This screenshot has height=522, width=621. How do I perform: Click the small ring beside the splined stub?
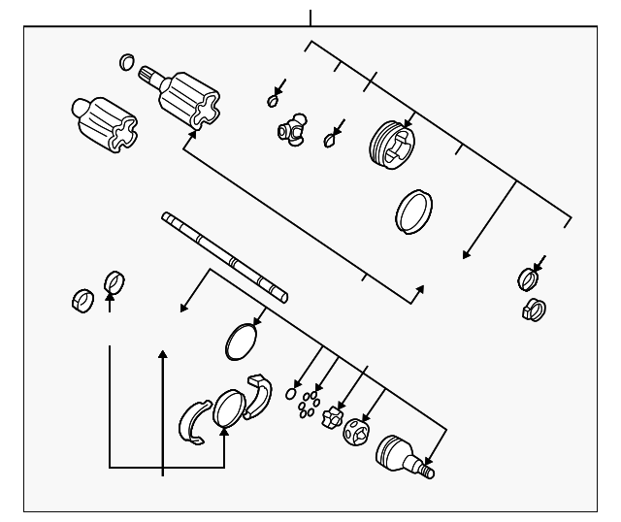pyautogui.click(x=126, y=64)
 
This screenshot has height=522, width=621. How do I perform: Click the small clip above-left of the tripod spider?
pyautogui.click(x=274, y=101)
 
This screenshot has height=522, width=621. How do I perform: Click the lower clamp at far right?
pyautogui.click(x=534, y=310)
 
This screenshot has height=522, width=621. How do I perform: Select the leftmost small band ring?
pyautogui.click(x=82, y=301)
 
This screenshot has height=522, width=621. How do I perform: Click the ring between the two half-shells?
pyautogui.click(x=229, y=408)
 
